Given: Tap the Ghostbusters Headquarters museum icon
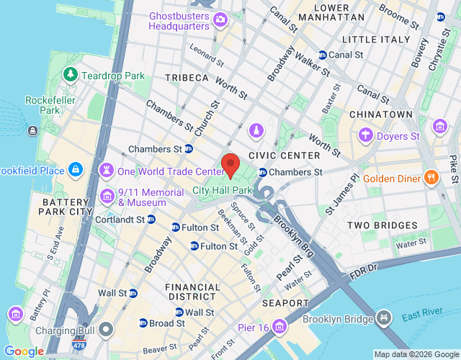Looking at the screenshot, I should [x=220, y=19].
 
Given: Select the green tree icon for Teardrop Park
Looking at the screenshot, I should [x=71, y=74].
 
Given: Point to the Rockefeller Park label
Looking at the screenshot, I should [x=42, y=105].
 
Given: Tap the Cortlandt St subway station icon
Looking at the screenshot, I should [x=151, y=220].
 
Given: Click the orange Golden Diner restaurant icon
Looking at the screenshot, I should [x=431, y=178].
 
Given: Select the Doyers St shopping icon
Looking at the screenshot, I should [x=365, y=135].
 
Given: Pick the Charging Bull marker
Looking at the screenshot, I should [x=107, y=330].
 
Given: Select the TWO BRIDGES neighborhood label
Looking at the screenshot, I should [x=377, y=225].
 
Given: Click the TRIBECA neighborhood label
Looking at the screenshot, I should [x=186, y=77].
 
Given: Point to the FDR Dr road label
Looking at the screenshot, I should [x=362, y=270].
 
